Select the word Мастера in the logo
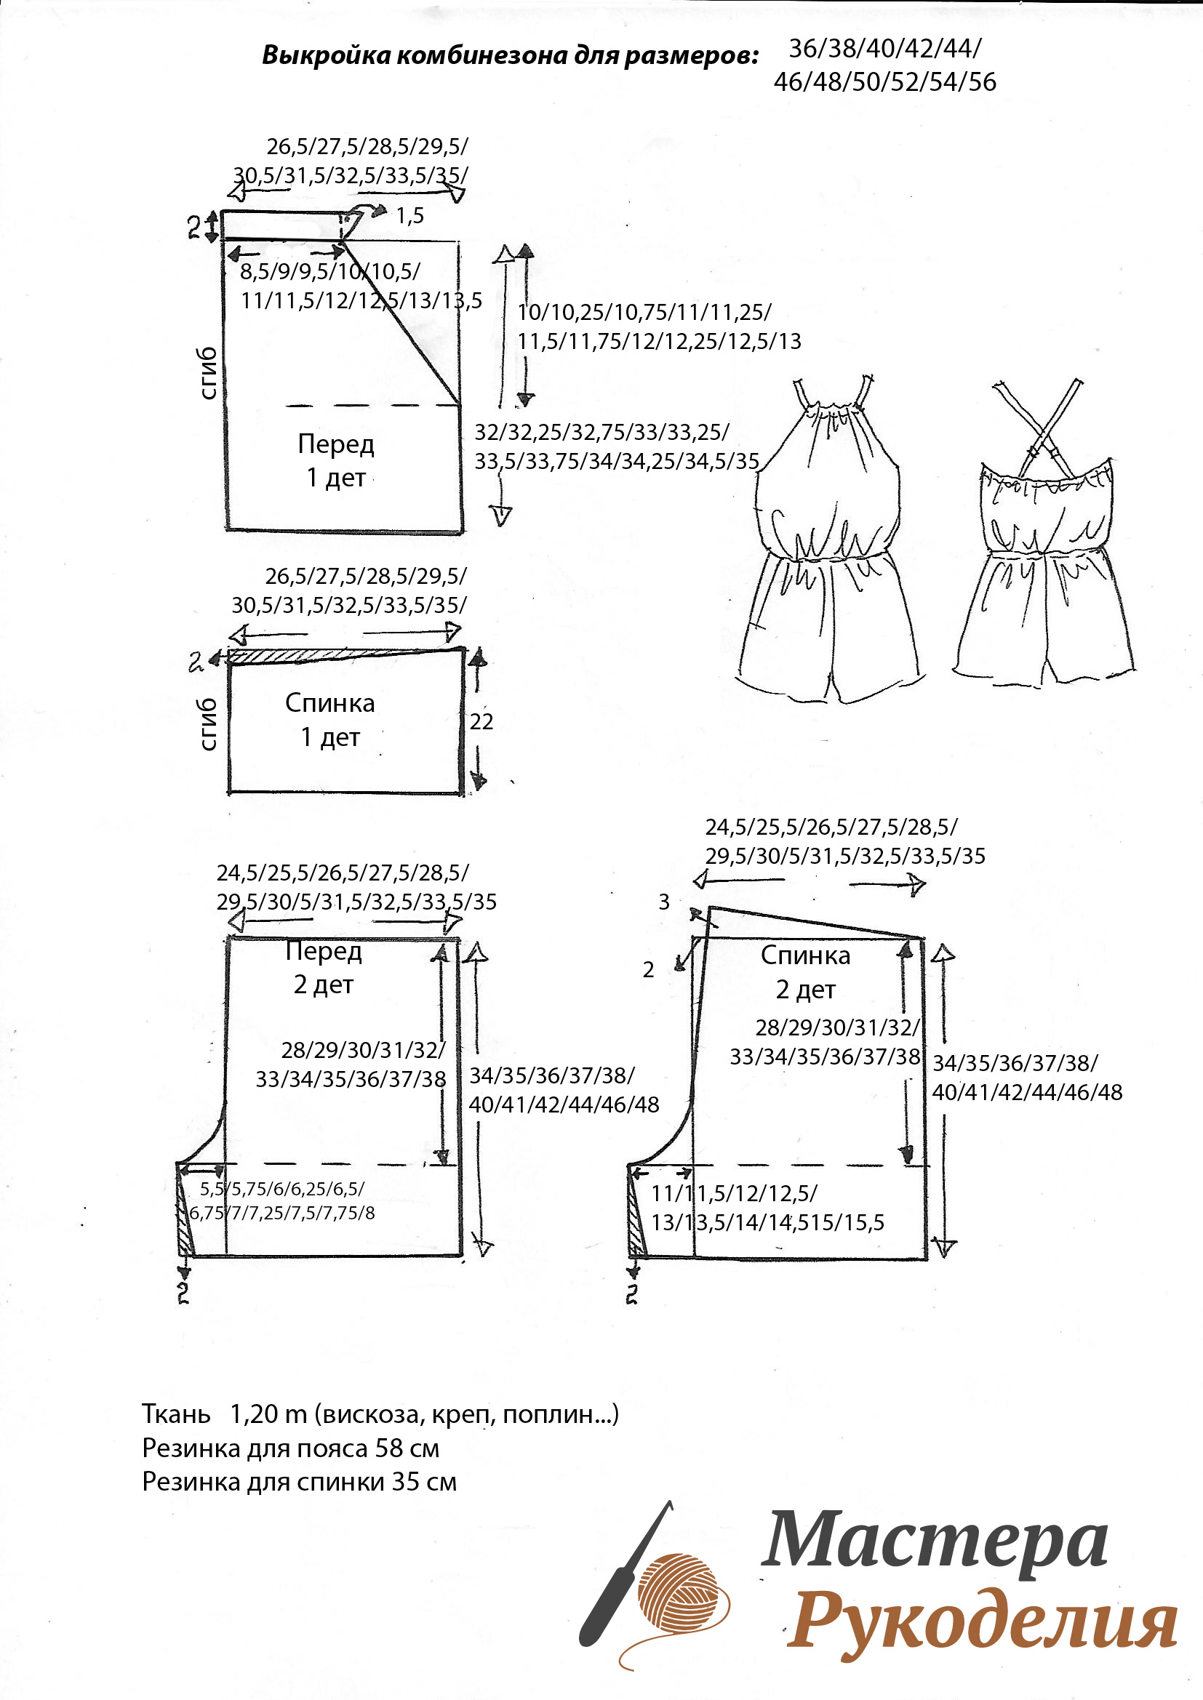935,1550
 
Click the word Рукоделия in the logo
981,1626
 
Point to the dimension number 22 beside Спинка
481,721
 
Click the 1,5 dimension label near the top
409,215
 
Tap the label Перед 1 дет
336,460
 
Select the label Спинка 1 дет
330,720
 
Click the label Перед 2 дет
324,967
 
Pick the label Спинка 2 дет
806,972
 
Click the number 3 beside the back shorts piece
664,902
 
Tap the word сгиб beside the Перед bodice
208,372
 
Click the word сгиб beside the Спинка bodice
208,723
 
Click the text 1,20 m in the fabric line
268,1414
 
